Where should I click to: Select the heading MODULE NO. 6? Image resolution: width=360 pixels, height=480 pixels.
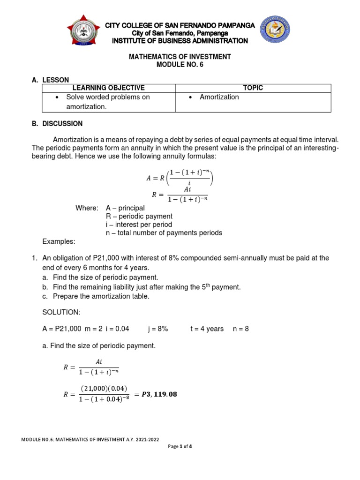tap(180, 65)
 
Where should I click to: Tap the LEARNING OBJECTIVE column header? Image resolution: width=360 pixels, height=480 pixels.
tap(108, 88)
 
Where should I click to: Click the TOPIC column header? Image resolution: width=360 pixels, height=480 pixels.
tap(253, 88)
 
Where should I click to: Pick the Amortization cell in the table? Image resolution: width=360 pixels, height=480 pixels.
tap(219, 97)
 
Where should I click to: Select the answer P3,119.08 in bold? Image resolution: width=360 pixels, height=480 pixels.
tap(156, 394)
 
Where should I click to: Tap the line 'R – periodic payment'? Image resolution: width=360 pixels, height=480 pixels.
tap(139, 216)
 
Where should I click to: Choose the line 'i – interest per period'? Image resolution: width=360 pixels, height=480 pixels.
tap(139, 225)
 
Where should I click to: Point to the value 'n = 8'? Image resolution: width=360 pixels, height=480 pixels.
tap(240, 329)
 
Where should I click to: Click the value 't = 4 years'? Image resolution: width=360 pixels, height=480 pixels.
tap(207, 329)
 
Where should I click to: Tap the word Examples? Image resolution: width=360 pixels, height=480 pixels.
tap(58, 241)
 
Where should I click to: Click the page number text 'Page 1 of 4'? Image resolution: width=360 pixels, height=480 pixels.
tap(180, 446)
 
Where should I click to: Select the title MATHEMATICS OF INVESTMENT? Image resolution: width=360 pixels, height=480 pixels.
tap(180, 57)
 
